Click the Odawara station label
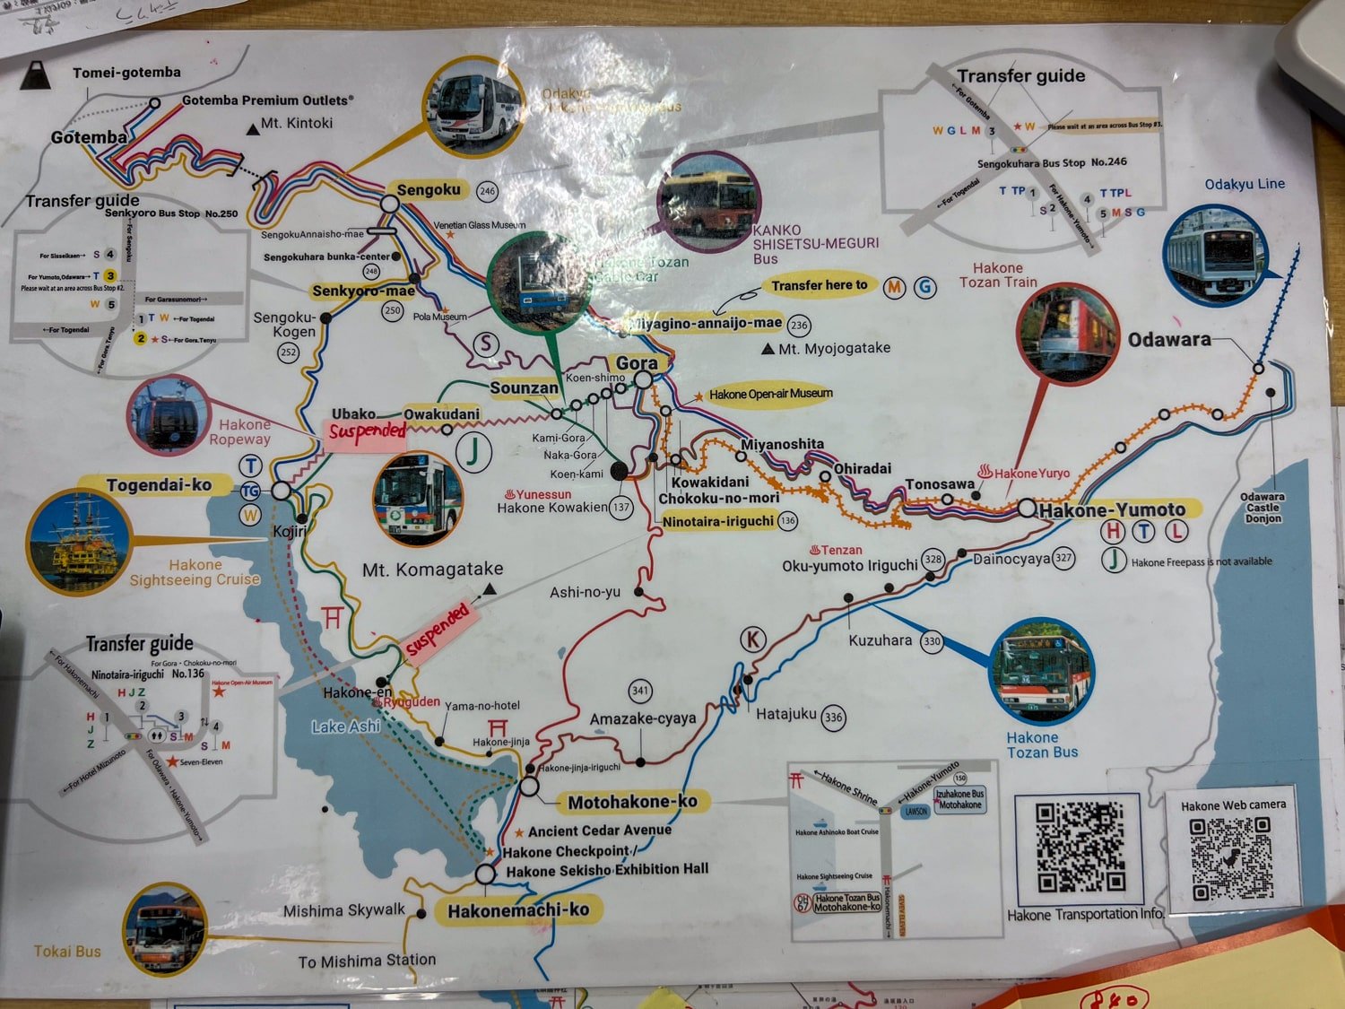click(x=1168, y=340)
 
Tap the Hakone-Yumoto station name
click(x=1112, y=509)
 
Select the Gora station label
click(x=637, y=363)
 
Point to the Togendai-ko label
click(x=159, y=485)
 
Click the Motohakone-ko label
click(x=632, y=802)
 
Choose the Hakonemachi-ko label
click(x=518, y=910)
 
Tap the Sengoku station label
click(x=429, y=190)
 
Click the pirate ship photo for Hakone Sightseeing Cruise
click(x=79, y=541)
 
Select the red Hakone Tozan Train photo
click(x=1069, y=333)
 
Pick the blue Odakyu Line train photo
click(x=1215, y=256)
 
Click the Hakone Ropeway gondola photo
click(x=168, y=414)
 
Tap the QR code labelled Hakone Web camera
click(x=1232, y=859)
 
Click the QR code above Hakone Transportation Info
click(x=1080, y=848)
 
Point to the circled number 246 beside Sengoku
click(x=487, y=191)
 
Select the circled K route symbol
click(x=752, y=639)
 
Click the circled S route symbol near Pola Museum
click(x=485, y=344)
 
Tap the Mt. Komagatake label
click(x=432, y=569)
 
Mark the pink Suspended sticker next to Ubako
click(x=367, y=431)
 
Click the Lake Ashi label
click(x=346, y=726)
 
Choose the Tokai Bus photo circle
click(x=165, y=929)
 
